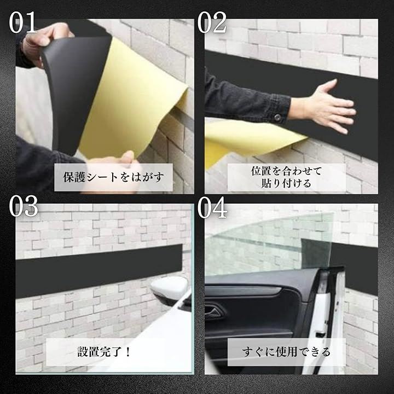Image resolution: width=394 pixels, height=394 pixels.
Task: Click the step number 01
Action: tap(22, 22)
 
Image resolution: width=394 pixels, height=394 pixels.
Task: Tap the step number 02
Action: tap(212, 22)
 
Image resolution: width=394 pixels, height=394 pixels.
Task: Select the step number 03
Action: tap(23, 206)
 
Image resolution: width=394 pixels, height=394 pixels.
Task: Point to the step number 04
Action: tap(212, 207)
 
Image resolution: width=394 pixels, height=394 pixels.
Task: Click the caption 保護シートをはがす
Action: tap(113, 177)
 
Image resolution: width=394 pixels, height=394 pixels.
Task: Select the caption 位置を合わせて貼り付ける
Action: tap(286, 177)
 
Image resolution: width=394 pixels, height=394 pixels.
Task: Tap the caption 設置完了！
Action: tap(104, 351)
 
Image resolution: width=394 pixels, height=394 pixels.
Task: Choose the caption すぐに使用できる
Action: tap(286, 352)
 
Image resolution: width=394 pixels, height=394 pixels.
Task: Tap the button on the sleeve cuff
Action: tap(277, 117)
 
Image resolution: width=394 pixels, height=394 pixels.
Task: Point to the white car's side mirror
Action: tap(170, 289)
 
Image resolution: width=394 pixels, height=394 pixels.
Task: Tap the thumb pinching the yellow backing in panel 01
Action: tap(127, 159)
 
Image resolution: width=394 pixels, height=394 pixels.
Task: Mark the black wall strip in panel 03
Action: tap(99, 271)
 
